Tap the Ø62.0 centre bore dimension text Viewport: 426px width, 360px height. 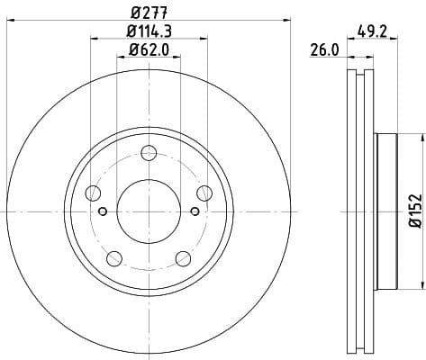[150, 50]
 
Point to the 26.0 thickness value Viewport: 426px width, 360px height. [325, 51]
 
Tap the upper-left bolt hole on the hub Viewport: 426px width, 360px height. [93, 192]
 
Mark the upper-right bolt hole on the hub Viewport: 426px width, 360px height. [204, 192]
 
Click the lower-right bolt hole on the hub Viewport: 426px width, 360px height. [184, 259]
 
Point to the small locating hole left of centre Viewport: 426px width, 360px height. [103, 211]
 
